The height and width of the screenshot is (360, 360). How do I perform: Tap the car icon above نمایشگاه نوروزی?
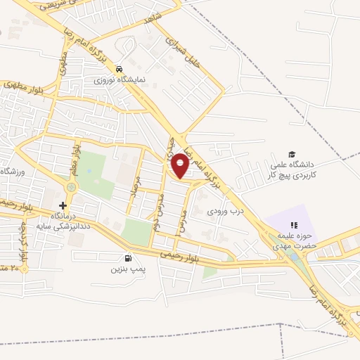(120, 69)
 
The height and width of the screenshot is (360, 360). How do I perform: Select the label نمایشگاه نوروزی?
(120, 80)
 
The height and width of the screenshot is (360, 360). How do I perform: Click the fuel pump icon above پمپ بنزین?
(127, 258)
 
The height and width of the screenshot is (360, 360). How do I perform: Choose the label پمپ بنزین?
(127, 269)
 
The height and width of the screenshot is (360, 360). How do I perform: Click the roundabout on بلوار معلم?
(71, 188)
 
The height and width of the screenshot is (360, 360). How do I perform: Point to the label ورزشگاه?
(13, 172)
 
